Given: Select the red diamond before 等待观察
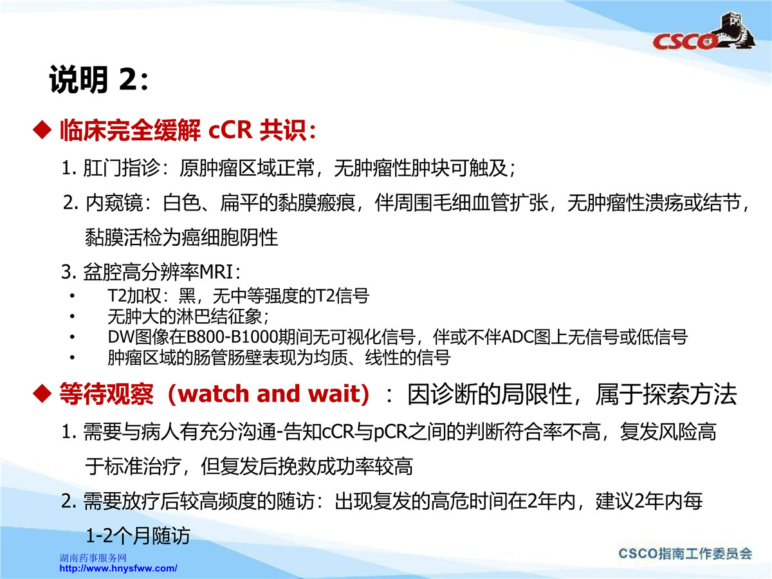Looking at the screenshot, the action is pyautogui.click(x=42, y=393).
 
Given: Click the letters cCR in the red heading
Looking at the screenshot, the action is pyautogui.click(x=230, y=130).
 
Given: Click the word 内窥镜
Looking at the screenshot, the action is pyautogui.click(x=115, y=203).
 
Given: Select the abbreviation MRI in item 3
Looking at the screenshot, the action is pyautogui.click(x=216, y=272).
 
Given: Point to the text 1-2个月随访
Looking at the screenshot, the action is pyautogui.click(x=138, y=536).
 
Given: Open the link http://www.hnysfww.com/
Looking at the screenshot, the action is pyautogui.click(x=118, y=568).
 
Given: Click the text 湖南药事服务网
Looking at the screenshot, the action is pyautogui.click(x=93, y=558).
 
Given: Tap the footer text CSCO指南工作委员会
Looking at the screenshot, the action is pyautogui.click(x=685, y=554).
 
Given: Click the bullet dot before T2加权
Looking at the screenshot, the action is pyautogui.click(x=72, y=296).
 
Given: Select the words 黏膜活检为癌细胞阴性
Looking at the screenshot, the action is pyautogui.click(x=181, y=237).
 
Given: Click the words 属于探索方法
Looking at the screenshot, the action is pyautogui.click(x=666, y=394).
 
